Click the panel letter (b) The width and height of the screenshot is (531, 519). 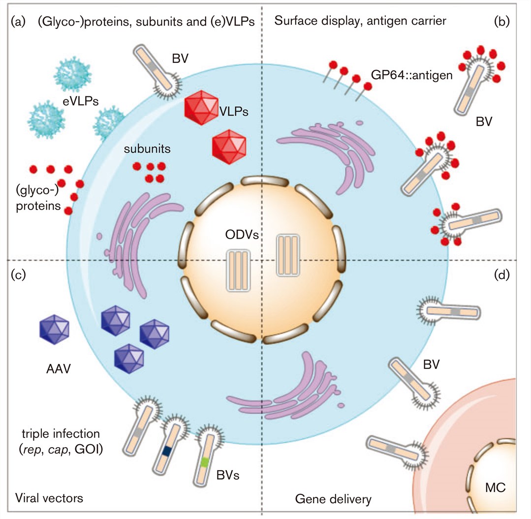tap(503, 21)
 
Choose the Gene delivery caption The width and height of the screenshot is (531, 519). tap(333, 499)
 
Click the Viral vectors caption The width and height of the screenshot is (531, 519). tap(49, 498)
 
